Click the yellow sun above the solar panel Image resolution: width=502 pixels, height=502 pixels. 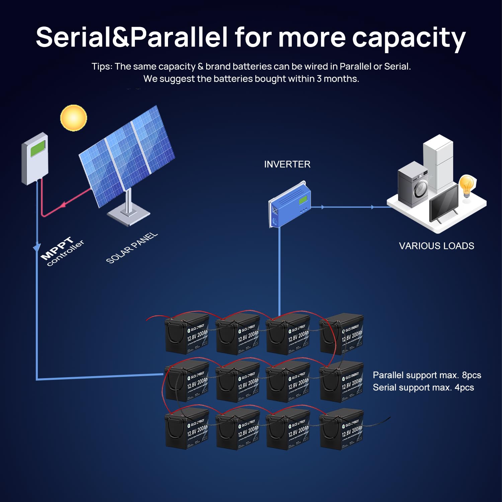[74, 118]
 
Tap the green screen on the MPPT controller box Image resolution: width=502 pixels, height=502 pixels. [38, 148]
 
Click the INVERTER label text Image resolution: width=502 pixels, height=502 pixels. [287, 164]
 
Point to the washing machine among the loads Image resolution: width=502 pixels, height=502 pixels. [413, 182]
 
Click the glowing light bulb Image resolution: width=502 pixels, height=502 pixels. [467, 185]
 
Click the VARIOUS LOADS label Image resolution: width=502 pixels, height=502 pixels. [436, 246]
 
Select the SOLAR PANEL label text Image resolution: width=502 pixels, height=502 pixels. [132, 248]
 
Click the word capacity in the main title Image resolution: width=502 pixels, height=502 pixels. [409, 37]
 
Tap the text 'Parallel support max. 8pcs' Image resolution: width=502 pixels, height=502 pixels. [427, 375]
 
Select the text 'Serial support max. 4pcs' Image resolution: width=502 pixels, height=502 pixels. [423, 388]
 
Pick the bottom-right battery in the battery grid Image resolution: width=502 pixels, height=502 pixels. [341, 429]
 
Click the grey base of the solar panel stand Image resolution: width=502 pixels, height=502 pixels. [129, 216]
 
